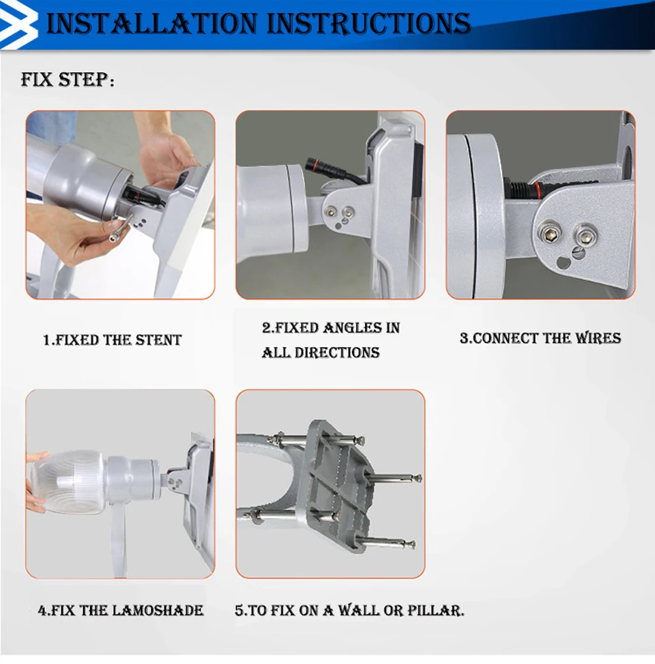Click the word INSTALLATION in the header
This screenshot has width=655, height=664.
pos(151,23)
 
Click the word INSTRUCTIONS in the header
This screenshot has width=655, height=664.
pos(369,23)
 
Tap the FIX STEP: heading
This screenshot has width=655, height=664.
pos(68,80)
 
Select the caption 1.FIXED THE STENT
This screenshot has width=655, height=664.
pos(113,340)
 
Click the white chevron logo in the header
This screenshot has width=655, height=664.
pos(18,23)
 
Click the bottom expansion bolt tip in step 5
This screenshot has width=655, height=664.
pos(410,545)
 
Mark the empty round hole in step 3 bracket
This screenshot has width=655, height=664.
pos(564,262)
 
